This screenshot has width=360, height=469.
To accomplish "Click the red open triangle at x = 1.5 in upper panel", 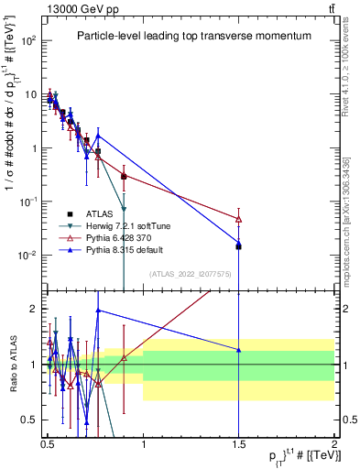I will (238, 219).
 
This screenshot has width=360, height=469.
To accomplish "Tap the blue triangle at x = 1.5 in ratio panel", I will (238, 349).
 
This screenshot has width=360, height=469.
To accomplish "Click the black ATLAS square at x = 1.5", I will (238, 246).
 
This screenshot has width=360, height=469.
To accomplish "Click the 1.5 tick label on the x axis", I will (238, 441).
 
